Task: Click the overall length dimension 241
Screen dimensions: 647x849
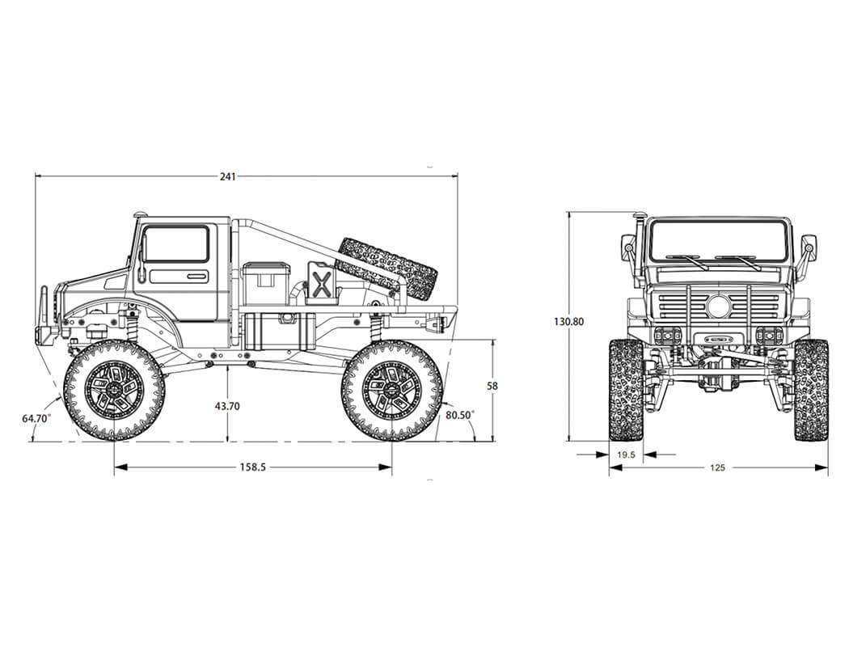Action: [x=227, y=176]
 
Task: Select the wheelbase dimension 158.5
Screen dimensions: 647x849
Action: [x=253, y=467]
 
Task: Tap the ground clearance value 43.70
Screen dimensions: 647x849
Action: [x=227, y=406]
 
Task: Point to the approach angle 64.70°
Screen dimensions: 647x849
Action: [x=36, y=418]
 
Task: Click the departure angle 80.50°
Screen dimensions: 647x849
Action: [x=460, y=414]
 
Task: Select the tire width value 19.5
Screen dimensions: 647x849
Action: [x=626, y=455]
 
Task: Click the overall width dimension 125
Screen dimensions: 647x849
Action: [x=717, y=467]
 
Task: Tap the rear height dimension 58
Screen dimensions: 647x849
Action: [x=492, y=387]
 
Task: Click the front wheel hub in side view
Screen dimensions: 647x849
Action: [x=114, y=390]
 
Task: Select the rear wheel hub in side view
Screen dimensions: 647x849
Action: [x=391, y=390]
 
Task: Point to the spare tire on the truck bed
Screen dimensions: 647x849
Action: [x=386, y=267]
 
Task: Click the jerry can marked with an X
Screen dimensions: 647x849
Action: [x=321, y=283]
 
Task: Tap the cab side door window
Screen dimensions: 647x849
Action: [x=176, y=243]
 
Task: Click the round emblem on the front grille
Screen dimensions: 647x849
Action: [x=718, y=307]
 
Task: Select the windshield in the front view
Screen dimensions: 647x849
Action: [x=718, y=240]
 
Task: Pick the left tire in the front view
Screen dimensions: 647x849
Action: [x=625, y=390]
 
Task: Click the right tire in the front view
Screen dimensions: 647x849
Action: [x=811, y=390]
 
